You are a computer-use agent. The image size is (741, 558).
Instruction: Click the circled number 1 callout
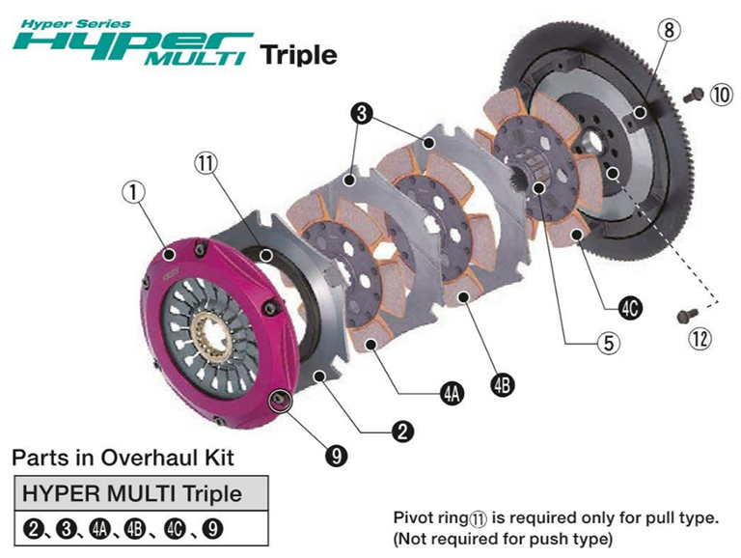tap(134, 192)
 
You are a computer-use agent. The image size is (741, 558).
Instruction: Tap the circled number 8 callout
tap(670, 30)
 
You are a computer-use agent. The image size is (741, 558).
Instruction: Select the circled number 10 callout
tap(721, 96)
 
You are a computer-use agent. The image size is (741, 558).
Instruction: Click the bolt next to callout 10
tap(694, 95)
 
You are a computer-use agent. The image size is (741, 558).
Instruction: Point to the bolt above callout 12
tap(688, 316)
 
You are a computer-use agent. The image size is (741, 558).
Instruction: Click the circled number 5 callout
tap(609, 343)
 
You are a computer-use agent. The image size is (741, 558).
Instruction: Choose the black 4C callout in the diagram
tap(630, 309)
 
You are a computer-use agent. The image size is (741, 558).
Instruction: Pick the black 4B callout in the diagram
tap(502, 384)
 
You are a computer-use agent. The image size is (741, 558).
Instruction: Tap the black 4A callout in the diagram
tap(453, 394)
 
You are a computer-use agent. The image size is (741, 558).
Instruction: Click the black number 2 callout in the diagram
tap(402, 432)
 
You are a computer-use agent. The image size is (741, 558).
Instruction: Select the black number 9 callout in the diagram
tap(337, 456)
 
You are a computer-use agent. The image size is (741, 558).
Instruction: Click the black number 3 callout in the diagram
tap(362, 114)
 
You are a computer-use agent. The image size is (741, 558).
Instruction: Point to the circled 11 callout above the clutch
tap(206, 163)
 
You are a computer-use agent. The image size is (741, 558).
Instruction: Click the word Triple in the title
tap(298, 55)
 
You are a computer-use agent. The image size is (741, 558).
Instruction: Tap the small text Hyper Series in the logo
tap(76, 23)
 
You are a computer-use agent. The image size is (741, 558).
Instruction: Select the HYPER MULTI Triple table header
tap(132, 493)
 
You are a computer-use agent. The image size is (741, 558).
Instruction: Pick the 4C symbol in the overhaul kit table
tap(175, 529)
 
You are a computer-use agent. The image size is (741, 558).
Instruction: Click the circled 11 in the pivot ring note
tap(478, 518)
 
